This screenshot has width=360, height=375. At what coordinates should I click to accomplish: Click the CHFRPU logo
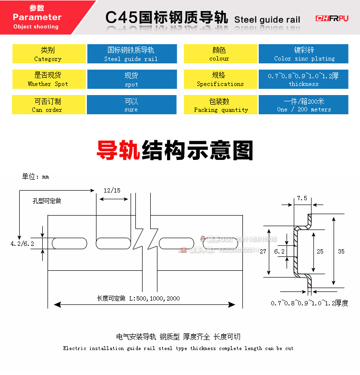coord(332,18)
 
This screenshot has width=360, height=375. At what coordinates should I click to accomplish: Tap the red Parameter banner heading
coord(37,17)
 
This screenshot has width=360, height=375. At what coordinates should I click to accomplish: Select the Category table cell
coord(48,54)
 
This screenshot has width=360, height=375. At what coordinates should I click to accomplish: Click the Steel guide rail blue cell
coord(131,54)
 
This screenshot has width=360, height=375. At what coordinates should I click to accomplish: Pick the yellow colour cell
coord(219,54)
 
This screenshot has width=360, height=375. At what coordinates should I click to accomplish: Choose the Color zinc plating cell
coord(304,54)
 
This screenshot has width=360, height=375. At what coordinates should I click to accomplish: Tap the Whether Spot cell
coord(48,79)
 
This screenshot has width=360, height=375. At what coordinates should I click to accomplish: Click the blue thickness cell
coord(303,79)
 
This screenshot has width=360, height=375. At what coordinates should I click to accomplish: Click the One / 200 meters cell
coord(304,105)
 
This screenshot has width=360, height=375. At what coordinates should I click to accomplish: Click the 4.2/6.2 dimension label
coord(22,244)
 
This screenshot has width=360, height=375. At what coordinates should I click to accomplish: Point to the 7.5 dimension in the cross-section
coord(302,198)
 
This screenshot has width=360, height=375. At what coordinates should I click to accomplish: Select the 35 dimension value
coord(341,251)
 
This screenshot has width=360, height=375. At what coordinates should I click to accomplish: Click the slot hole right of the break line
coord(176,243)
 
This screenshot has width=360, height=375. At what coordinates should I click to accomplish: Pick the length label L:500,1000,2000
coord(138,298)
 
